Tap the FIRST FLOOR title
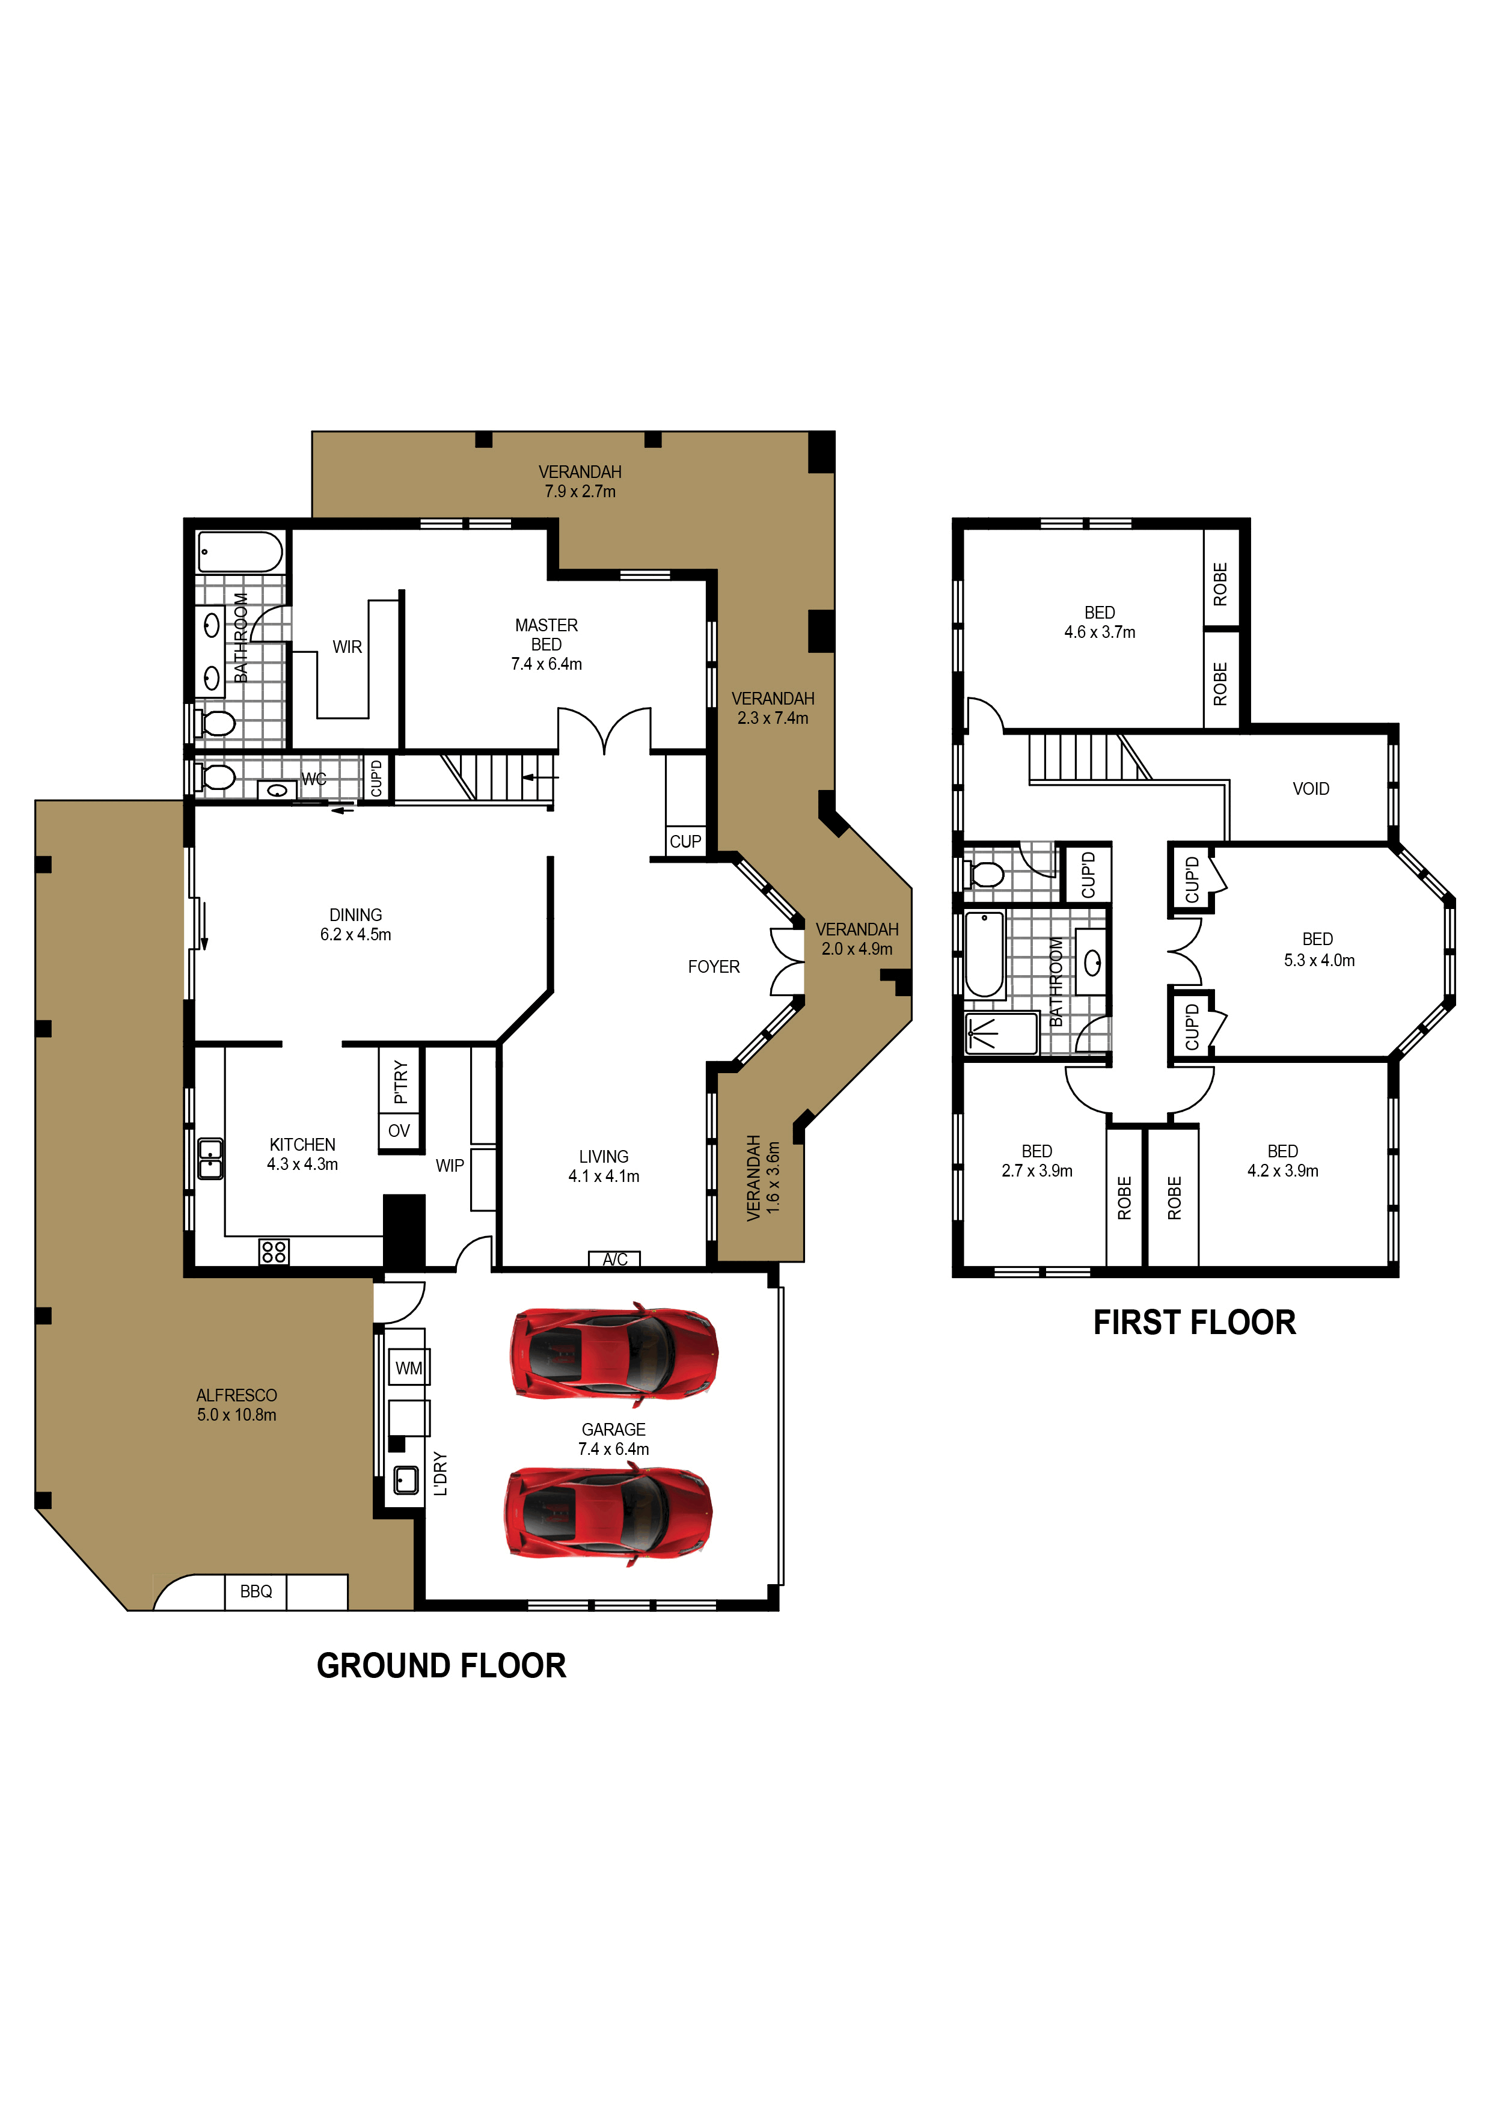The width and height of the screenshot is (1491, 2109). tap(1194, 1323)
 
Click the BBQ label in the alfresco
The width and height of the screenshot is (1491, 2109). tap(256, 1592)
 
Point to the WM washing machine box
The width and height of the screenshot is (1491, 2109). tap(409, 1368)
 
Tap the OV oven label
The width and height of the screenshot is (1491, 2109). tap(399, 1131)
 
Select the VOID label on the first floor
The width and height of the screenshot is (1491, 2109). tap(1311, 789)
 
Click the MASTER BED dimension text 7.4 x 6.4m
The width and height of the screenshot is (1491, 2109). tap(546, 664)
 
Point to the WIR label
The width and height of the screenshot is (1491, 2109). tap(347, 647)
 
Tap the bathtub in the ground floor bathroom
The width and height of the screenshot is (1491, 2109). tap(240, 552)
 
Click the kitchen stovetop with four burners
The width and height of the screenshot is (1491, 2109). tap(274, 1251)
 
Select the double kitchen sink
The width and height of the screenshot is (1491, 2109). tap(210, 1159)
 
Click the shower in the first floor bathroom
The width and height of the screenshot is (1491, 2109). tap(1000, 1034)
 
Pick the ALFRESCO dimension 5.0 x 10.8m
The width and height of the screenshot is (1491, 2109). tap(236, 1415)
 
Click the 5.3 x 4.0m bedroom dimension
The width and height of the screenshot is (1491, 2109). tap(1319, 960)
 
